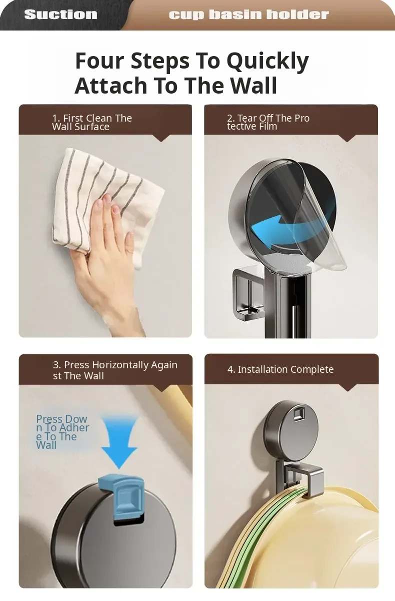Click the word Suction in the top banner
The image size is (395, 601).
(61, 15)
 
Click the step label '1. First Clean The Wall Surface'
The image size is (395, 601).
(92, 122)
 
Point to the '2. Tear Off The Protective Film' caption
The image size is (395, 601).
(268, 122)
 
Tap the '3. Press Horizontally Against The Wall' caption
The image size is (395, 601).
(115, 370)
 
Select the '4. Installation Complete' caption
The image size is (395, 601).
(280, 369)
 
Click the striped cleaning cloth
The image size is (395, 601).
(107, 204)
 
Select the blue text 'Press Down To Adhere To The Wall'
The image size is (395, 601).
(62, 432)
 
